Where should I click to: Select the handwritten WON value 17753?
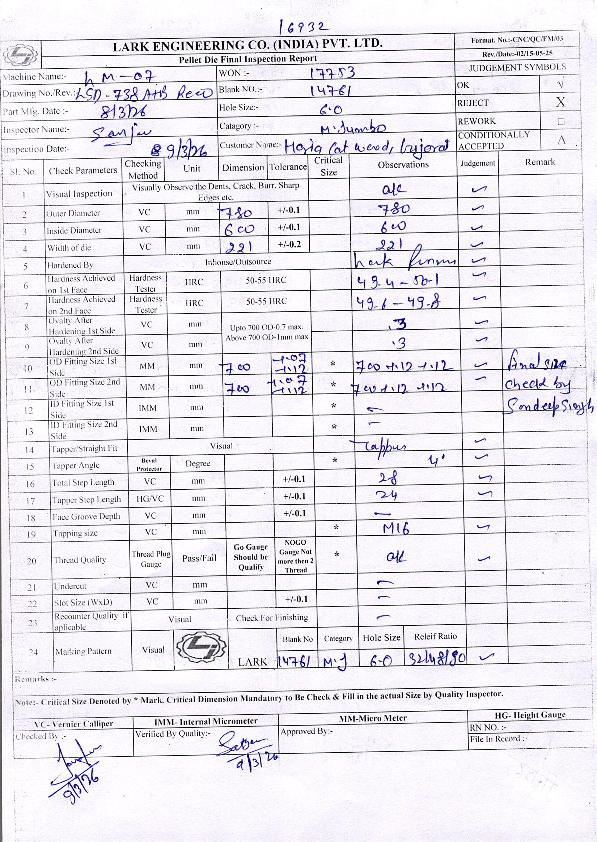pyautogui.click(x=332, y=73)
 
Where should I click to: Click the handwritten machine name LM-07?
pyautogui.click(x=120, y=77)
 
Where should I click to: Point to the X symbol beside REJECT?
pyautogui.click(x=560, y=102)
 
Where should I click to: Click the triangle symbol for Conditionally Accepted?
pyautogui.click(x=561, y=140)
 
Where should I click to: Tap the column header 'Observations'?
pyautogui.click(x=403, y=165)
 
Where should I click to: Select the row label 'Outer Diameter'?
pyautogui.click(x=73, y=213)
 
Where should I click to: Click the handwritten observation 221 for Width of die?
pyautogui.click(x=391, y=244)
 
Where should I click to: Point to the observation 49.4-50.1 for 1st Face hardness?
pyautogui.click(x=397, y=282)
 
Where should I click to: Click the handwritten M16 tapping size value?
pyautogui.click(x=395, y=529)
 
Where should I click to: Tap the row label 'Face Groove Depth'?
pyautogui.click(x=86, y=516)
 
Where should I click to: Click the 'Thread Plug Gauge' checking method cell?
pyautogui.click(x=151, y=559)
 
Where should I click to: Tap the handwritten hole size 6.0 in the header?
pyautogui.click(x=331, y=109)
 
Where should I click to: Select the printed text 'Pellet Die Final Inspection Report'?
pyautogui.click(x=247, y=59)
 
